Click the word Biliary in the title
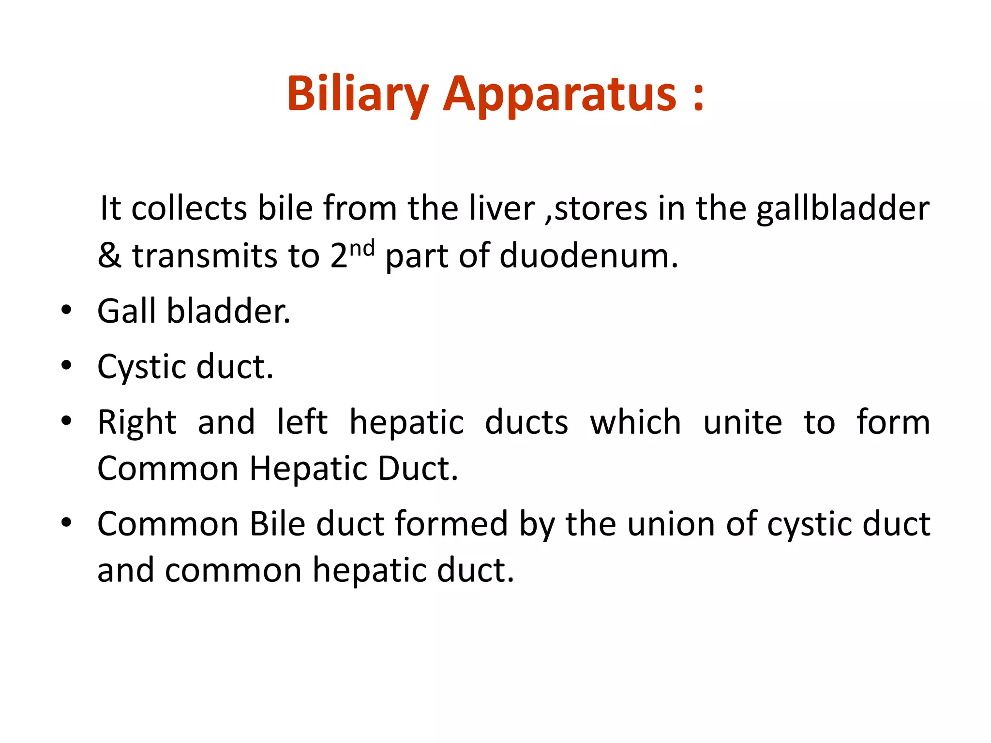coord(358,94)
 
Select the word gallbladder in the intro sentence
coord(842,208)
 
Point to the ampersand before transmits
coord(109,255)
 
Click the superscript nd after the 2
coord(362,248)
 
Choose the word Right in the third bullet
coord(137,422)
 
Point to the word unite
coord(742,422)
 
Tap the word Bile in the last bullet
coord(277,524)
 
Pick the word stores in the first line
coord(601,208)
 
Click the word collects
coord(189,208)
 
